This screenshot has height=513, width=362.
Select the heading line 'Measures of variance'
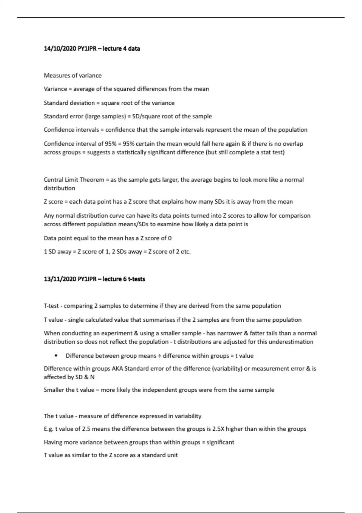(73, 75)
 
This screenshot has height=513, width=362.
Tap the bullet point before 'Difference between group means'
(56, 355)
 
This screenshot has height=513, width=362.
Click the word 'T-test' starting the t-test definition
(51, 306)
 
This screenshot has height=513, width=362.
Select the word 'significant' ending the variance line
(220, 442)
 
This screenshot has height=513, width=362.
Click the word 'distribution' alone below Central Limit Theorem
(59, 188)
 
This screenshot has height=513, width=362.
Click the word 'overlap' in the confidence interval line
(293, 144)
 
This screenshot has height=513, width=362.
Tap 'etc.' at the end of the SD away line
(186, 252)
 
